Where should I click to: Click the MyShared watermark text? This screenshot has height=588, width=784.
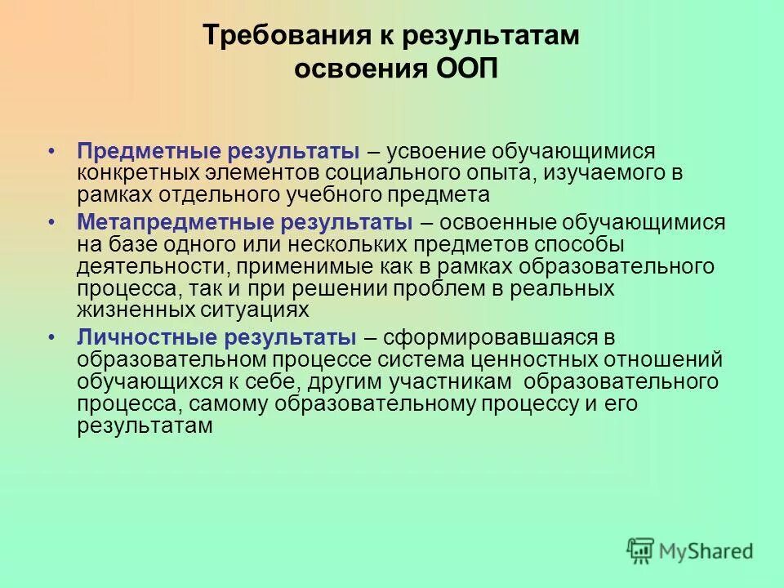coord(706,552)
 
